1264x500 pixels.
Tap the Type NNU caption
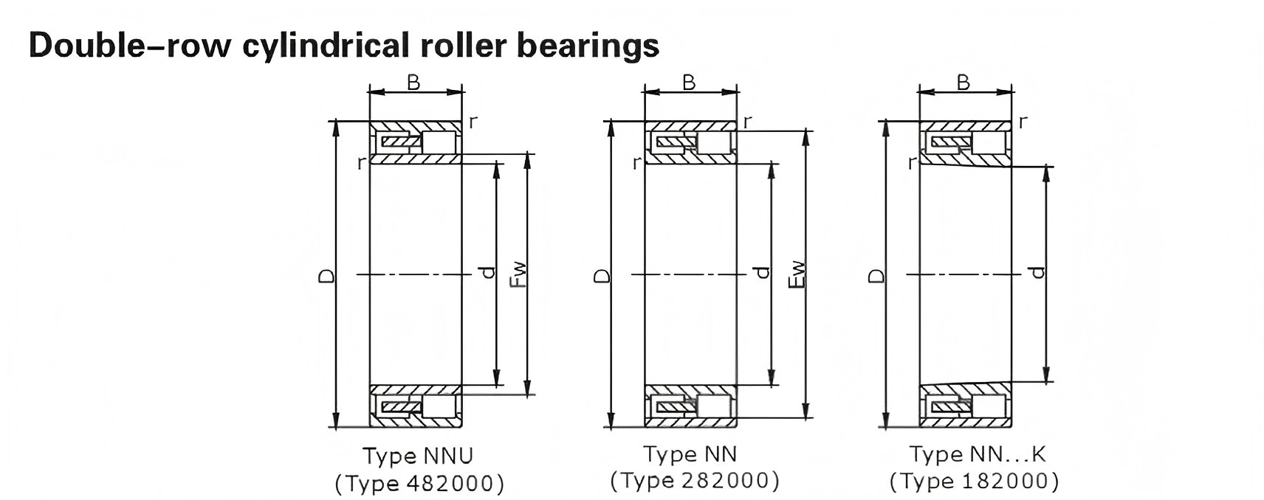coord(417,456)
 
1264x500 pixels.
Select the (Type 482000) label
coord(419,484)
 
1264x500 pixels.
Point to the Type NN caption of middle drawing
coord(690,454)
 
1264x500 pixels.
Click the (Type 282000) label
coord(695,481)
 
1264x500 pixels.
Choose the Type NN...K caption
coord(977,454)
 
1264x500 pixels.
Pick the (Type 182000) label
coord(974,482)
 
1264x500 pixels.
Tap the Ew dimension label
coord(797,274)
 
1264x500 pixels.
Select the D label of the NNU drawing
coord(326,276)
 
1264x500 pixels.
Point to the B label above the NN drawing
coord(689,83)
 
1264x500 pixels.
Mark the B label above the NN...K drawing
coord(963,83)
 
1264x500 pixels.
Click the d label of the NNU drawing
coord(487,273)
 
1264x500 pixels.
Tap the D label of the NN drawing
coord(602,276)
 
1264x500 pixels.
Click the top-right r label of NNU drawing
coord(473,122)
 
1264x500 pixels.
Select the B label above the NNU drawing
coord(413,83)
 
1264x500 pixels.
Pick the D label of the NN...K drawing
coord(876,276)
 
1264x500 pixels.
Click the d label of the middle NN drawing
coord(763,273)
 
